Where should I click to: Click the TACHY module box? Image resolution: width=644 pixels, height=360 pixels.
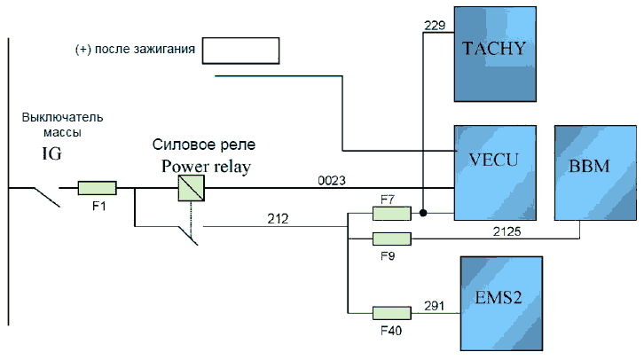tap(497, 53)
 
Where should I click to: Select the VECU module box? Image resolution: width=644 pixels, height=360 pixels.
tap(498, 172)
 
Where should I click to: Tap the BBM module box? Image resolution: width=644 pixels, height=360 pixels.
tap(595, 172)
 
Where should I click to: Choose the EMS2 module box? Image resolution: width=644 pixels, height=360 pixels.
tap(500, 304)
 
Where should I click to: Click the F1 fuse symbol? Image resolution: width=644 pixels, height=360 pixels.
tap(97, 188)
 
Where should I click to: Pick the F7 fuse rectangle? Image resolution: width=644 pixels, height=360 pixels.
tap(391, 214)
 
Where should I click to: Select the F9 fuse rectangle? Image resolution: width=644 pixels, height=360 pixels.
tap(391, 239)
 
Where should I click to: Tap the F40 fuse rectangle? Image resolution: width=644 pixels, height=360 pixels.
tap(391, 312)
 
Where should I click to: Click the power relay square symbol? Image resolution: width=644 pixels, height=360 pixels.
tap(192, 188)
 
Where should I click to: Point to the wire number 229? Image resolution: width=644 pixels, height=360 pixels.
tap(435, 27)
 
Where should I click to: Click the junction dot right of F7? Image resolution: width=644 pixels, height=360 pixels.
tap(425, 214)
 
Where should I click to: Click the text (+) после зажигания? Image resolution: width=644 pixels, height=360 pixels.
tap(135, 50)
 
